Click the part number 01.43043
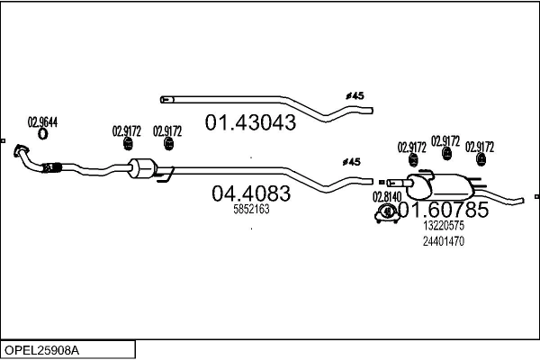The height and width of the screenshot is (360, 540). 251,122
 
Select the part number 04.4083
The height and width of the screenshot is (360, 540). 251,193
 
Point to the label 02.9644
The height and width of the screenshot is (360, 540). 42,122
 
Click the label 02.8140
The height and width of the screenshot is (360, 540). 386,196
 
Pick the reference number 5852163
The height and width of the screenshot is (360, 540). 251,209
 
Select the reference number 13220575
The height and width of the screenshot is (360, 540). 444,227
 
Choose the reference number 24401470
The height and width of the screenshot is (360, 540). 444,241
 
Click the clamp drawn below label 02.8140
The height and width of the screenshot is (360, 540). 388,213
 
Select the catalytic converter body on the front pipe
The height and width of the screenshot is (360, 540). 145,168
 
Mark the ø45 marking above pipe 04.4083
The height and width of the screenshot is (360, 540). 352,162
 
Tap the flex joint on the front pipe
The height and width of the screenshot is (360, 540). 51,166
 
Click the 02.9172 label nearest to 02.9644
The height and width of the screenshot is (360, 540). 127,130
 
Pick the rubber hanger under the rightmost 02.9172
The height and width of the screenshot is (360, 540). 481,162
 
